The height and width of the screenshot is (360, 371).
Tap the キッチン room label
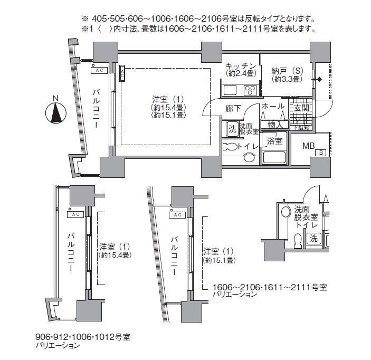pos(241,65)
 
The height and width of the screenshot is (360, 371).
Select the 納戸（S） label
pos(286,71)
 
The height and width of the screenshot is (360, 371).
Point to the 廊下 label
pos(233,109)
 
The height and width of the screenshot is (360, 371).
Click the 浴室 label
pos(274,141)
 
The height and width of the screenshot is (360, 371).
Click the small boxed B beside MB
pos(320,153)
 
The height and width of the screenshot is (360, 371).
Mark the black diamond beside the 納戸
pos(319,80)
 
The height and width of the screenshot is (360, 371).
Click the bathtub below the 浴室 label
pos(273,156)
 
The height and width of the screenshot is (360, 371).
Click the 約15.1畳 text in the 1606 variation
pos(219,260)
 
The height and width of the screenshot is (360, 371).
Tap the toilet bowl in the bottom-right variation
pos(296,241)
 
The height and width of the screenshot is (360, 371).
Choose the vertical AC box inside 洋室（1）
pos(122,73)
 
